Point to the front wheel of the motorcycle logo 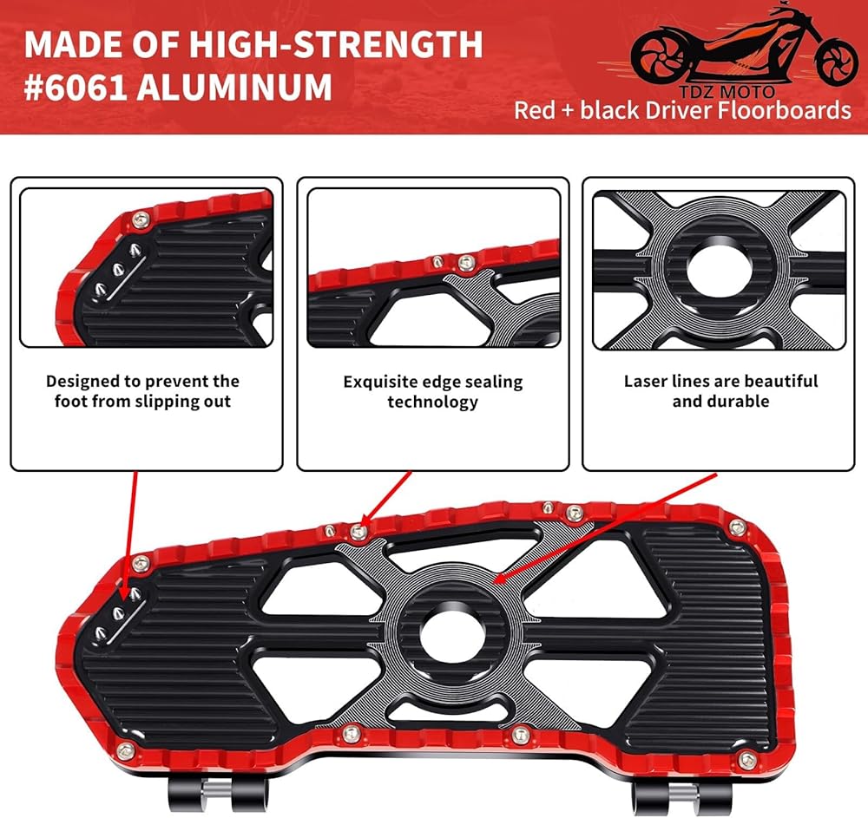[838, 57]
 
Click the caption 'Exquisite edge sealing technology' [432, 391]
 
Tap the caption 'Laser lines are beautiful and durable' [720, 391]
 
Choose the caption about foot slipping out [142, 391]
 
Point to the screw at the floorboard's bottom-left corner [126, 750]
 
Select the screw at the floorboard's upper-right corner [737, 527]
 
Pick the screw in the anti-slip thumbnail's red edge [141, 219]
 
